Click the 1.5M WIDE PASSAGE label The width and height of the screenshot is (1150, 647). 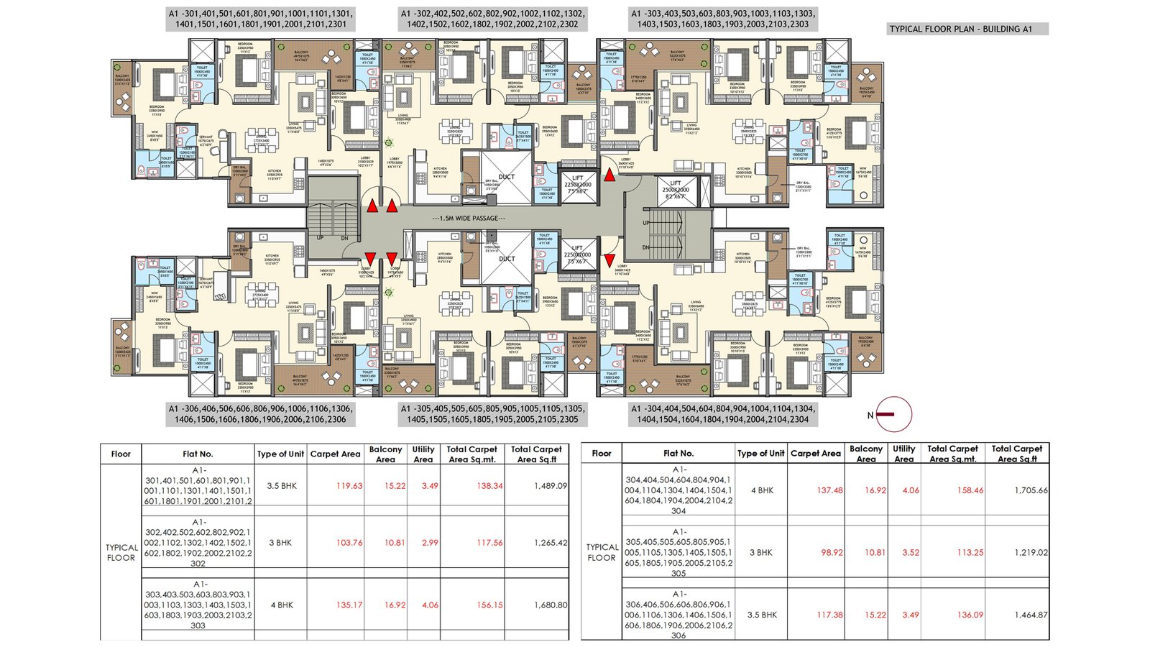[469, 218]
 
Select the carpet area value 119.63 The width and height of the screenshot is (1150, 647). [349, 486]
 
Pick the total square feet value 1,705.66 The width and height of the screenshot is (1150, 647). [1031, 490]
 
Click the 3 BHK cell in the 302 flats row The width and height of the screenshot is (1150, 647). [280, 543]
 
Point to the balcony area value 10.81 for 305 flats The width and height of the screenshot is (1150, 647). [875, 553]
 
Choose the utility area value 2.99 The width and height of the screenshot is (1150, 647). [430, 543]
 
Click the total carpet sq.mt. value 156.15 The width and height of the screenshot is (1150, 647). [489, 605]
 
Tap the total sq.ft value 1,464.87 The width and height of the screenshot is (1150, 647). [1031, 615]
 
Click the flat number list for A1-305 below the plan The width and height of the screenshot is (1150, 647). [492, 413]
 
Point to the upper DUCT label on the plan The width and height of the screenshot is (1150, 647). [507, 177]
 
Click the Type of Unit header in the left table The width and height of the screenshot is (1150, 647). [280, 454]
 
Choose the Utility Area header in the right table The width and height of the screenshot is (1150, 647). [903, 454]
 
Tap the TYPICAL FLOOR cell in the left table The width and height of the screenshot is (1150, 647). [121, 552]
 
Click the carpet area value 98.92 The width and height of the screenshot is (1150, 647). [832, 553]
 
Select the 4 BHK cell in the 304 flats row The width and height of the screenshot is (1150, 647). [762, 490]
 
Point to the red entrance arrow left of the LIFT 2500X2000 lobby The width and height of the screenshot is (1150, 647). [609, 174]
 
